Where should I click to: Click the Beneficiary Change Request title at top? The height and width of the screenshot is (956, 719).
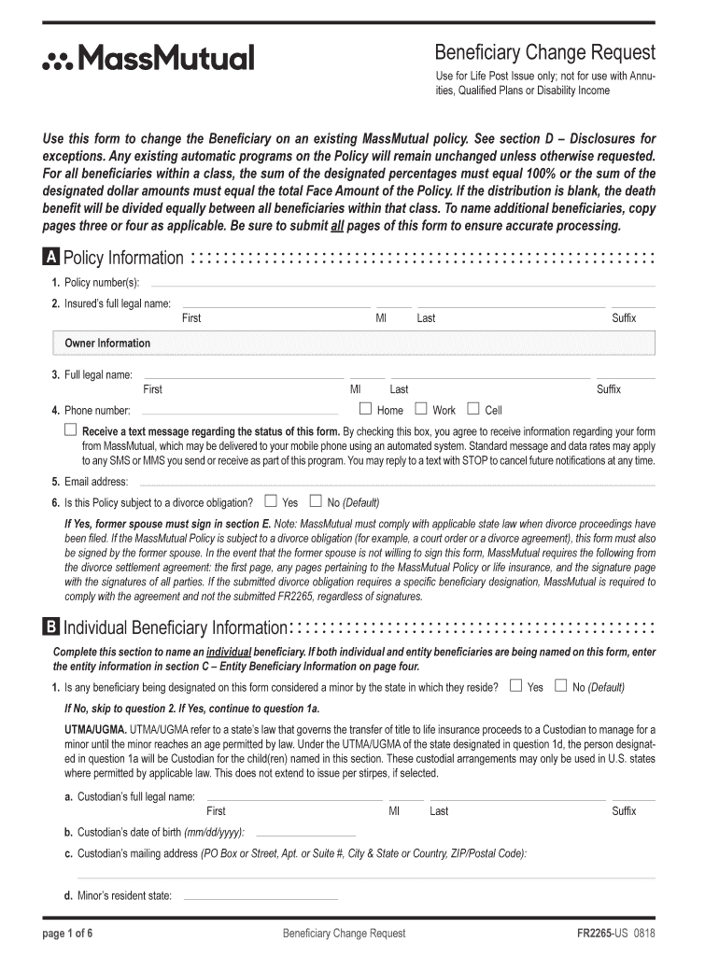coord(545,52)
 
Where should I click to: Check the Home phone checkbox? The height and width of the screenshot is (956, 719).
coord(366,409)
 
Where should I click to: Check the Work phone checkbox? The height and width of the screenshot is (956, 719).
coord(421,409)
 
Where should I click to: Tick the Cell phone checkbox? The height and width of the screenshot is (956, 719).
coord(473,409)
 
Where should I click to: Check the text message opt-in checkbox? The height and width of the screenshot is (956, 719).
coord(70,430)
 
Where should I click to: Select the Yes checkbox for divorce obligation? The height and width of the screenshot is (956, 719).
coord(271,500)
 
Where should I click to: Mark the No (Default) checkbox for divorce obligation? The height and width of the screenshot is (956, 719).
coord(316,500)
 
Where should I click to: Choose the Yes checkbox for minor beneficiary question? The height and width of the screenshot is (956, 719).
coord(516,686)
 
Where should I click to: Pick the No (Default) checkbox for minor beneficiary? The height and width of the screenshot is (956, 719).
coord(560,686)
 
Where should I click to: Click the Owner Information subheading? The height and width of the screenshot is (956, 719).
coord(107,344)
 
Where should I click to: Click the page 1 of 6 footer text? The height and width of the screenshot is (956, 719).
coord(68,934)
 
